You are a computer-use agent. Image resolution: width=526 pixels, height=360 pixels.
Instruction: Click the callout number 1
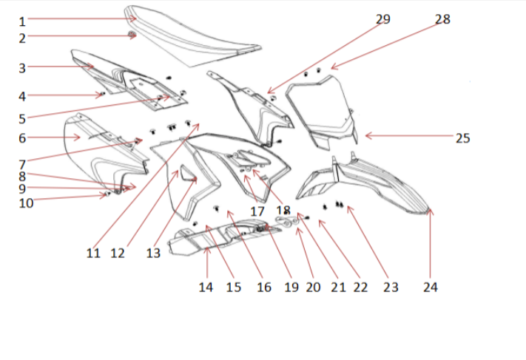click(22, 21)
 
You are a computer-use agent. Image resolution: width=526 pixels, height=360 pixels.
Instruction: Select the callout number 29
click(383, 19)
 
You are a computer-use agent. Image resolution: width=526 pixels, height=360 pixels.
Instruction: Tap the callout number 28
click(442, 19)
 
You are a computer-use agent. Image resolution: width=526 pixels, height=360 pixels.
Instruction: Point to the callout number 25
click(462, 137)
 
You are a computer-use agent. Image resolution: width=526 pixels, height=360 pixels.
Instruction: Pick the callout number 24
click(430, 288)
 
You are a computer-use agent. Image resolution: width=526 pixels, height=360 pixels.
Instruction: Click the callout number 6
click(22, 137)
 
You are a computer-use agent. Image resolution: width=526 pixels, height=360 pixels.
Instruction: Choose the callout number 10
click(26, 202)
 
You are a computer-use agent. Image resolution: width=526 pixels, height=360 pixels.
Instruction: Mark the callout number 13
click(152, 254)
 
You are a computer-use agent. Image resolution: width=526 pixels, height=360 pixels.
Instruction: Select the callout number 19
click(291, 288)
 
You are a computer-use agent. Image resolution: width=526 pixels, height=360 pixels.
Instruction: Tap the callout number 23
click(391, 288)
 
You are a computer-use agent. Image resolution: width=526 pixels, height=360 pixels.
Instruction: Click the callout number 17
click(257, 211)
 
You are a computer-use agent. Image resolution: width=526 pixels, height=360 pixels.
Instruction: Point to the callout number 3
click(22, 68)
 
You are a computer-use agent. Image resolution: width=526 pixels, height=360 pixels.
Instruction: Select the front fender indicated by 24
click(377, 185)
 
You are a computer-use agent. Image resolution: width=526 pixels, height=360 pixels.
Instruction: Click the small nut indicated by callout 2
click(132, 35)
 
